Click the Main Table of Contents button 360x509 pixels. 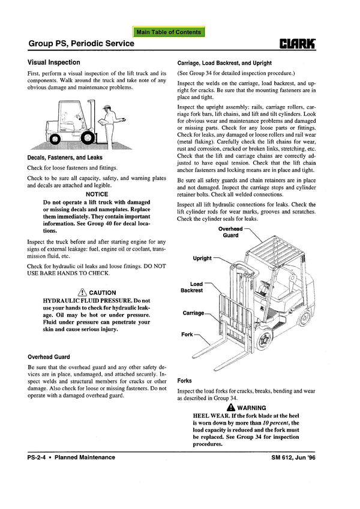[x=169, y=32]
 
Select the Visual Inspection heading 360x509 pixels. [x=54, y=62]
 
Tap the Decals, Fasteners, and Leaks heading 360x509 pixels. [x=65, y=158]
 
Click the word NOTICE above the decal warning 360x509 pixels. [x=97, y=194]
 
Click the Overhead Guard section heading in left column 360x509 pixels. [x=49, y=357]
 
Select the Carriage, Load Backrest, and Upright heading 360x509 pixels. [x=224, y=63]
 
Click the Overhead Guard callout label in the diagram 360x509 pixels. [x=230, y=232]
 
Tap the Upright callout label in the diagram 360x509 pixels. [x=202, y=258]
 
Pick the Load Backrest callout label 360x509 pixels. [x=192, y=287]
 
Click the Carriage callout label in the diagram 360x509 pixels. [x=193, y=313]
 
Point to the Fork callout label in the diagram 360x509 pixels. [x=187, y=335]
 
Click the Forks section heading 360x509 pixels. [x=185, y=380]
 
